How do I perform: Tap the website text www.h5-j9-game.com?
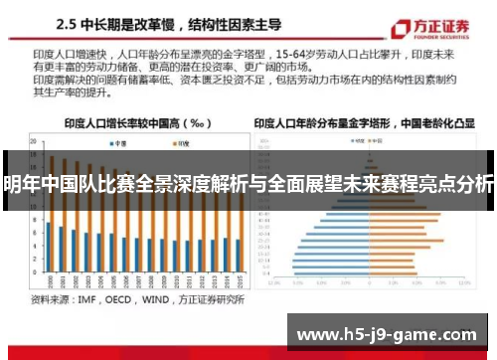point(388,334)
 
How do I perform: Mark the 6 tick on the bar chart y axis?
point(35,233)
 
